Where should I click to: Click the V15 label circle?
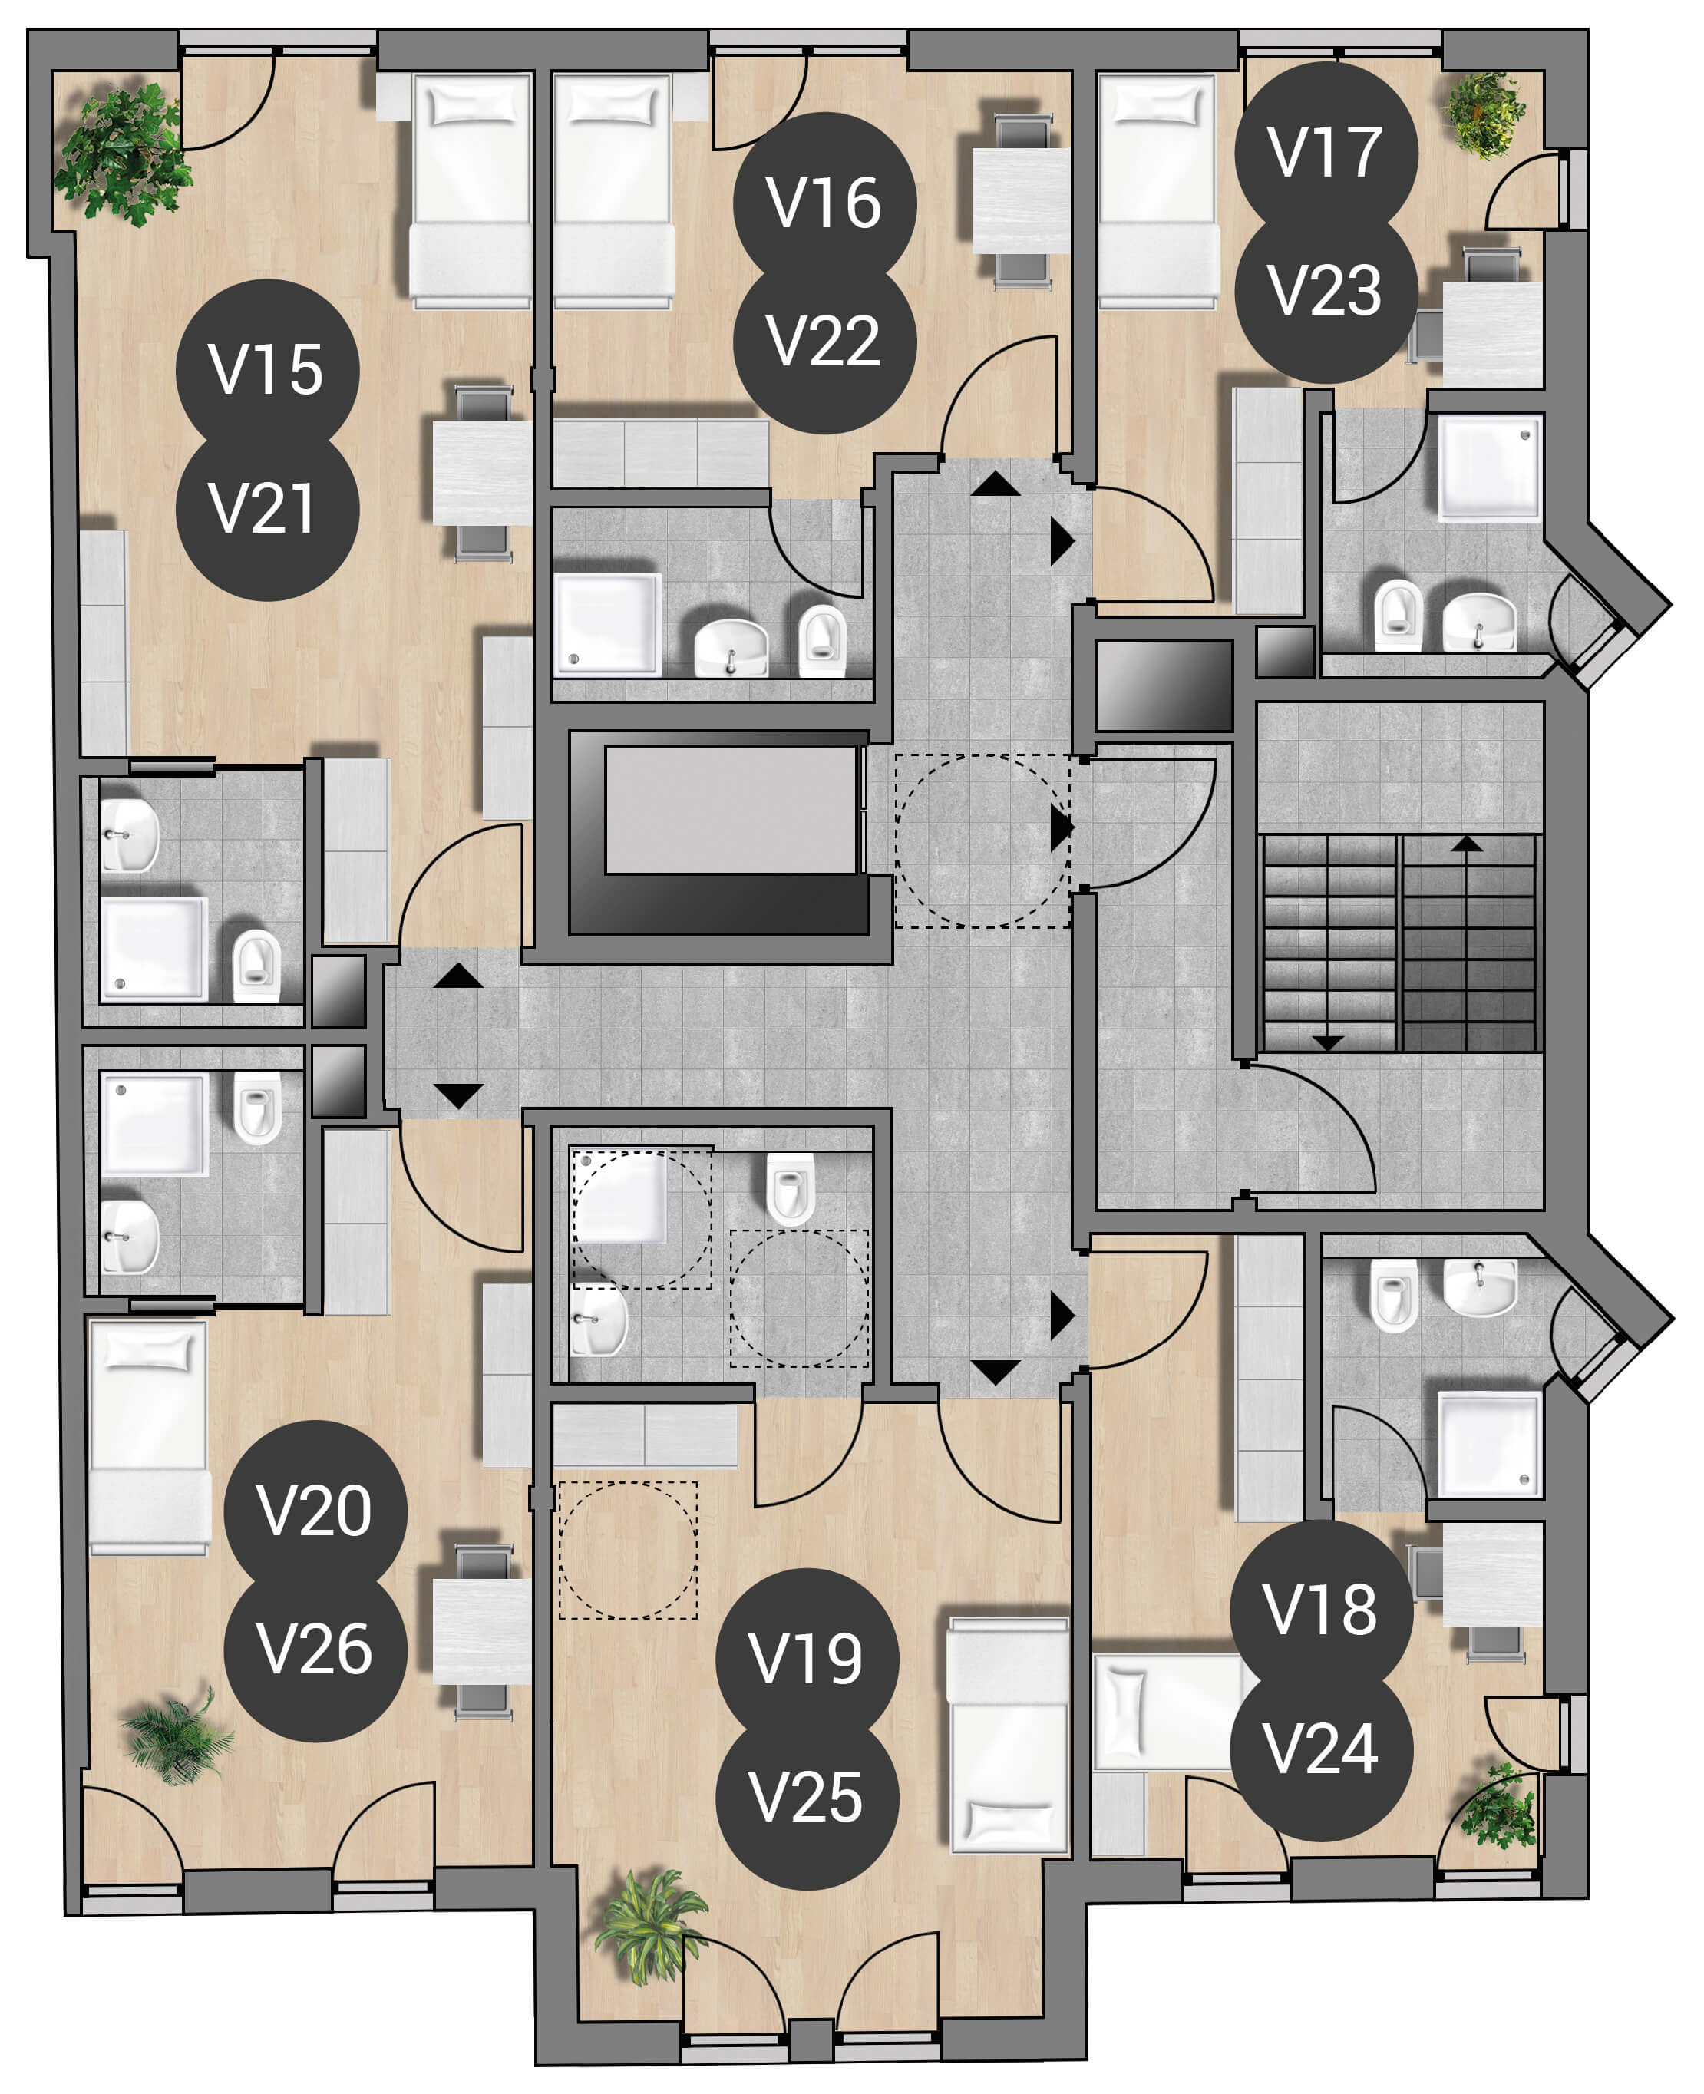267,371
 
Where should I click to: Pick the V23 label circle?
1326,292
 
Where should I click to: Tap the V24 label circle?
1321,1749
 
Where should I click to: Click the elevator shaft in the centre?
719,833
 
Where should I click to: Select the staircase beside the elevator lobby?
1399,943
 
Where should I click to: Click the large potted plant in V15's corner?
124,154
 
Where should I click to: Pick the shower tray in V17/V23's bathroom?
1490,467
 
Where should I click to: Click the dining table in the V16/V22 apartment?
1021,200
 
